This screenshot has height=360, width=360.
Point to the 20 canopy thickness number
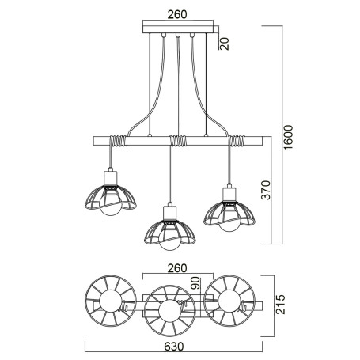[x=224, y=43]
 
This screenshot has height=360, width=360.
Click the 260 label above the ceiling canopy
[x=178, y=13]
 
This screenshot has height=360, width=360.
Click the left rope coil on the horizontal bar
[x=117, y=142]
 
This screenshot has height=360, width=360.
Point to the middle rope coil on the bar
[x=178, y=142]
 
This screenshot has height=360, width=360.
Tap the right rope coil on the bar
[x=237, y=142]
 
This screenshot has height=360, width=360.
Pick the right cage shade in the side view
[x=230, y=211]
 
